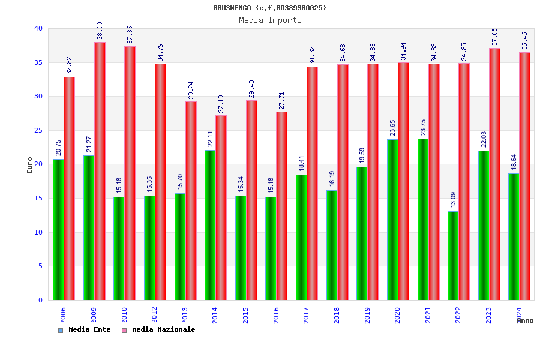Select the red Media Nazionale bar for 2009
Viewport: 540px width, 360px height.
point(100,171)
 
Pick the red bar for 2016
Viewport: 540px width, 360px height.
point(282,206)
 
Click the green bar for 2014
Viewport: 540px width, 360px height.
point(210,225)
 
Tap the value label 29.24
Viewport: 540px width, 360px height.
point(191,91)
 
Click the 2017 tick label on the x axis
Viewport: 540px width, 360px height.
point(306,316)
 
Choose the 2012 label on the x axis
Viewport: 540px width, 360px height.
point(154,316)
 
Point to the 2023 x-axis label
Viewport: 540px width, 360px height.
point(488,316)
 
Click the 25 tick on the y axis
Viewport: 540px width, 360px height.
point(38,130)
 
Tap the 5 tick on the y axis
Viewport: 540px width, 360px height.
point(40,266)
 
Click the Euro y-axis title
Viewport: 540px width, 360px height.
point(30,165)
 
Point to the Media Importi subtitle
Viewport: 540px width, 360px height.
point(270,20)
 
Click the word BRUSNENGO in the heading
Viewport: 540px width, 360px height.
point(232,8)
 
